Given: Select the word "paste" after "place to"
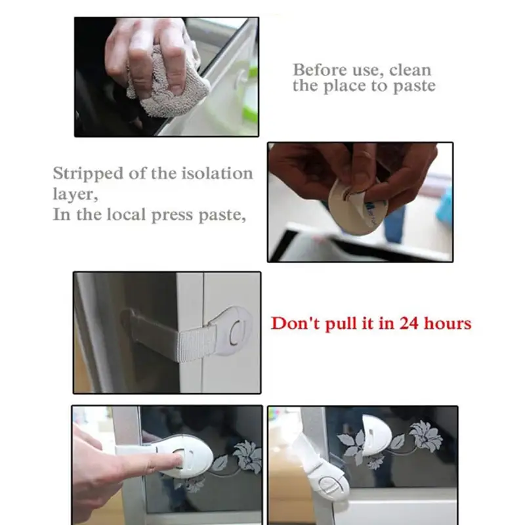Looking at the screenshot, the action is point(414,86).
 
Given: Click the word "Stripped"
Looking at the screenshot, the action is point(88,174).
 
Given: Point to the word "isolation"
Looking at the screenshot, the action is point(217,173).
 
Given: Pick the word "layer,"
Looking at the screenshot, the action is point(75,194).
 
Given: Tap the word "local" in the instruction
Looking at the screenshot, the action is point(127,215).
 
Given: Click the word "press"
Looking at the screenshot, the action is point(173,215).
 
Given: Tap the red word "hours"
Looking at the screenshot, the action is point(448,324).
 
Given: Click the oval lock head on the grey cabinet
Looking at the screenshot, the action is point(234,331).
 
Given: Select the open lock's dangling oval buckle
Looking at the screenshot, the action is point(330,483).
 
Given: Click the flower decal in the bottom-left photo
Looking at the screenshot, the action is point(247,457).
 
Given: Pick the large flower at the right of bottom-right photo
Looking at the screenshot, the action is point(426,436).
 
